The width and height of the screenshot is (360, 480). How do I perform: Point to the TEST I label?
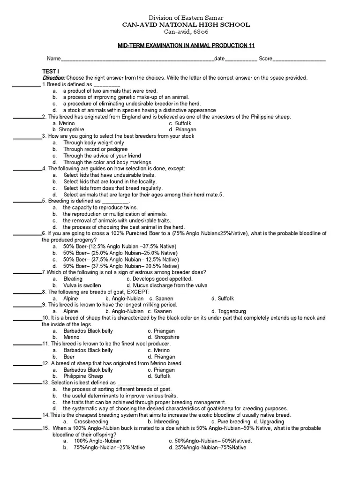50,71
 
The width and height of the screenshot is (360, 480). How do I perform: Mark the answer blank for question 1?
26,85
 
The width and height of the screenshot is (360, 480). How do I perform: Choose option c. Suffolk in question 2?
180,123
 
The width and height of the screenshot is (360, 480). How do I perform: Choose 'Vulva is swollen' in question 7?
82,285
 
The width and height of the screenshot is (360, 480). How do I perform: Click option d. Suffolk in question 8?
222,298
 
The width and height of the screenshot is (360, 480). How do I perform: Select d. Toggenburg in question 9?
228,311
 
